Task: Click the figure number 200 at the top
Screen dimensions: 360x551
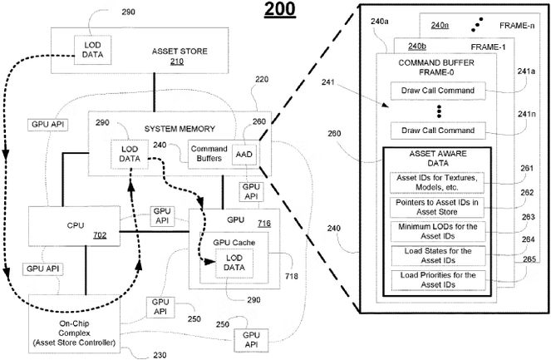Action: pyautogui.click(x=278, y=11)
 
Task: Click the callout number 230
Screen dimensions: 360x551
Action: pyautogui.click(x=160, y=355)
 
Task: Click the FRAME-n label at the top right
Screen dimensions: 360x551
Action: pyautogui.click(x=518, y=26)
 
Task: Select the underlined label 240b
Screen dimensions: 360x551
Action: pyautogui.click(x=418, y=47)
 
